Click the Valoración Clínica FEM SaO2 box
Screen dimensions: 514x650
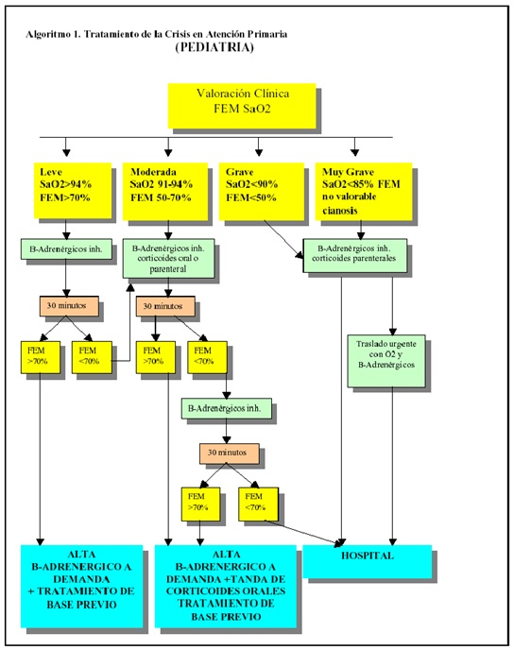tap(242, 106)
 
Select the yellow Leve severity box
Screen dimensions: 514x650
tap(73, 190)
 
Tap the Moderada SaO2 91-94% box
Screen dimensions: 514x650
tap(165, 191)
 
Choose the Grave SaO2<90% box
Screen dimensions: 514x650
tap(261, 191)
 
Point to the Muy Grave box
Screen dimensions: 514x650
tap(364, 191)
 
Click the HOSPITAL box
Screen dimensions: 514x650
tap(368, 561)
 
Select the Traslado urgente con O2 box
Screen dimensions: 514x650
tap(386, 361)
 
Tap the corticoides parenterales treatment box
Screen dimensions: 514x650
tap(355, 255)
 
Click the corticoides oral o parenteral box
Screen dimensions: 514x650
tap(168, 258)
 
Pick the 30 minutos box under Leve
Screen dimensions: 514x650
tap(69, 306)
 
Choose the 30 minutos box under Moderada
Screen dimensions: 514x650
tap(165, 306)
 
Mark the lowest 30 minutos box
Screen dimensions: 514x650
tap(230, 453)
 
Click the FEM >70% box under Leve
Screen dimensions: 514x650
tap(41, 357)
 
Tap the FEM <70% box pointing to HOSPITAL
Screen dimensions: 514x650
tap(258, 505)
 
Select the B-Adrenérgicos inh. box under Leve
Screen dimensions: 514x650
tap(66, 249)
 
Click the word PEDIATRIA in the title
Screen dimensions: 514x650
tap(214, 47)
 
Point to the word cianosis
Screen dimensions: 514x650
tap(340, 211)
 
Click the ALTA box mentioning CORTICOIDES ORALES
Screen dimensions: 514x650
tap(226, 586)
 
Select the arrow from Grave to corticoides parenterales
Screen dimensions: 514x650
tap(283, 239)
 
